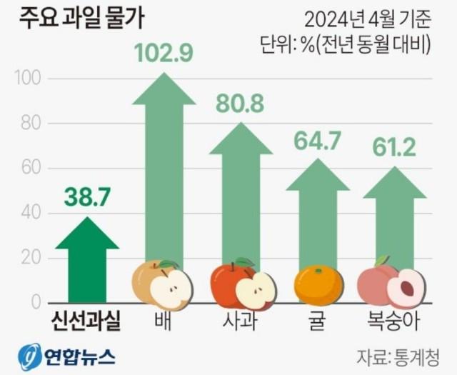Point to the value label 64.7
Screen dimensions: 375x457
pyautogui.click(x=318, y=141)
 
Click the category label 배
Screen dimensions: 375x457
pyautogui.click(x=164, y=321)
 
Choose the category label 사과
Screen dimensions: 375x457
pyautogui.click(x=241, y=321)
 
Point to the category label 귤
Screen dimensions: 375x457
pyautogui.click(x=318, y=321)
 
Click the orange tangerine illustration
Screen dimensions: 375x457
pyautogui.click(x=318, y=285)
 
